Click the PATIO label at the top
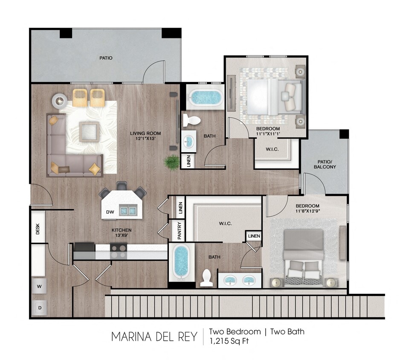coord(106,58)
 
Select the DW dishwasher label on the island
coord(110,212)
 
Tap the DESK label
coord(38,229)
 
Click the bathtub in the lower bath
coord(182,261)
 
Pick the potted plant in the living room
coord(172,163)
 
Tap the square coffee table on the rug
coord(90,131)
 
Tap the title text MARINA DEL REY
coord(154,337)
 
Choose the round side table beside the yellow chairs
coord(59,102)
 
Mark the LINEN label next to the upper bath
coord(188,161)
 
